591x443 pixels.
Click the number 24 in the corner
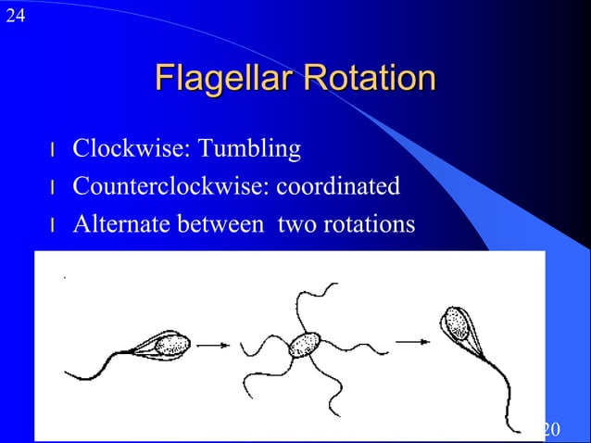[x=14, y=15]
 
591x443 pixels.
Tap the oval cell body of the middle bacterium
[x=303, y=346]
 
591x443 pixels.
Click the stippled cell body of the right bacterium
[x=456, y=324]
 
